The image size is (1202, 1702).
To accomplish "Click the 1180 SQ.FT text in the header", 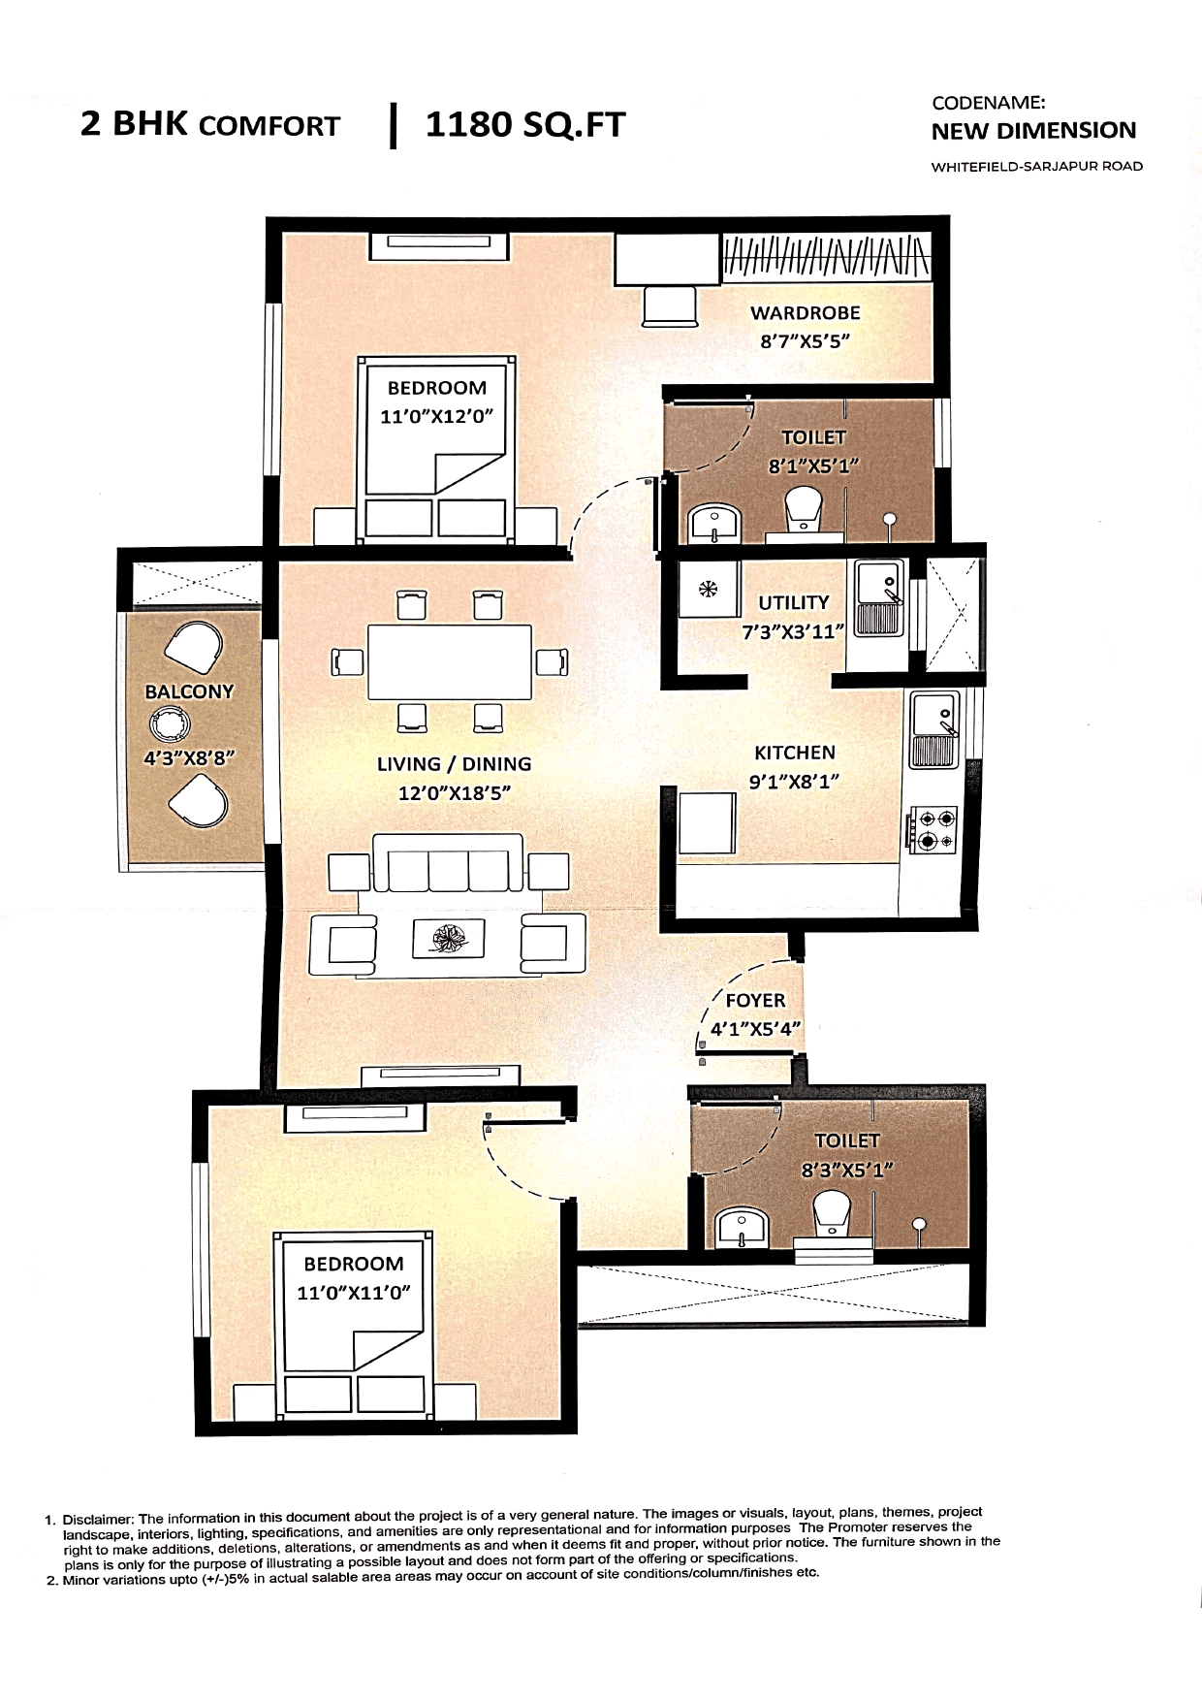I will [x=525, y=125].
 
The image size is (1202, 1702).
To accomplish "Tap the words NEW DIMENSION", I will [x=1033, y=131].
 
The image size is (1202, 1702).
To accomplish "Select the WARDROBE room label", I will [x=805, y=313].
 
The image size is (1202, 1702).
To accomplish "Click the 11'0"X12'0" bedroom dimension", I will [x=437, y=417].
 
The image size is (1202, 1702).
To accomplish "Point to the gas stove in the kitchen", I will [x=933, y=829].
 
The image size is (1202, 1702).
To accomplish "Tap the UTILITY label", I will [x=793, y=602].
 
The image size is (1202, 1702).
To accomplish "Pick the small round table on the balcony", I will [x=170, y=723].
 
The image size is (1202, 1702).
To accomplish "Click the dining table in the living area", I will [x=450, y=661].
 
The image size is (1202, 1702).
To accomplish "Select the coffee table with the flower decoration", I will [x=448, y=938].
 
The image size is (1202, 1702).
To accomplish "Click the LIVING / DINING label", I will [x=454, y=764].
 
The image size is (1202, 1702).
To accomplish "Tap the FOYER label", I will [x=755, y=1000].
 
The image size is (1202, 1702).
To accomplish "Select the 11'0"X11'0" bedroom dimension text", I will [x=354, y=1293].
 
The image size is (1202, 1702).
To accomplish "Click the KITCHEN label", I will [x=794, y=753].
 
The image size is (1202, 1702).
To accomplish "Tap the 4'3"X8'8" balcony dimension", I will [x=189, y=758].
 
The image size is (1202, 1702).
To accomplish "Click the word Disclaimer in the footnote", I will [x=98, y=1520].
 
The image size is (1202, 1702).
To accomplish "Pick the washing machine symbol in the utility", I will [x=708, y=589].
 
